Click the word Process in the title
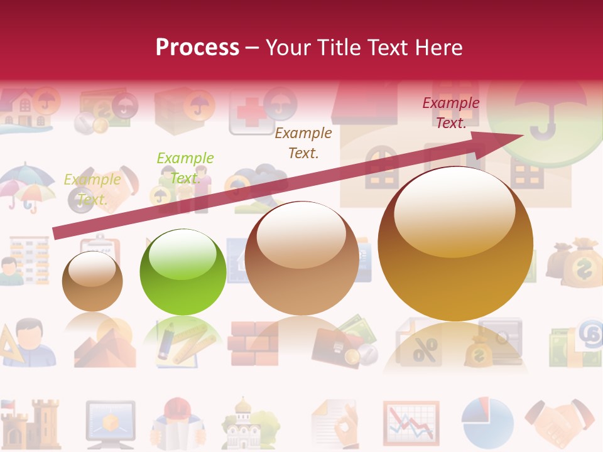(197, 47)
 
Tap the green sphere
(182, 272)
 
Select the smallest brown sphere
(92, 281)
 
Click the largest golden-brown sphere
(455, 244)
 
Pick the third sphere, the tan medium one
(301, 258)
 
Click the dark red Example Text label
(450, 113)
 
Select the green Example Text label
(185, 168)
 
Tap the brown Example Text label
(303, 143)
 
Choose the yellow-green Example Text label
(92, 190)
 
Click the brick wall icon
(254, 343)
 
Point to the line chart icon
(411, 421)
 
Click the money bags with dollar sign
(575, 262)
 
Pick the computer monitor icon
(110, 421)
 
